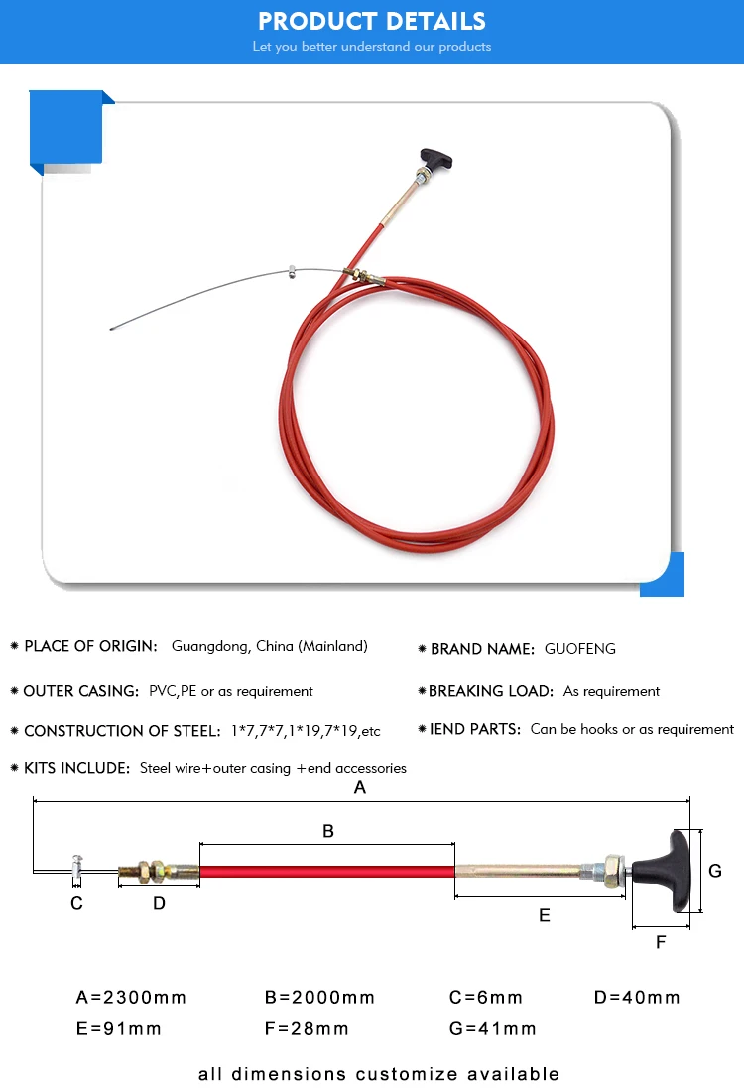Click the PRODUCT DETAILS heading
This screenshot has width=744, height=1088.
(x=372, y=21)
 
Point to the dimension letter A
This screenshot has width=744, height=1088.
(x=360, y=788)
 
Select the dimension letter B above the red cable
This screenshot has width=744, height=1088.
(x=328, y=831)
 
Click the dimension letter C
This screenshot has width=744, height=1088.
(x=76, y=903)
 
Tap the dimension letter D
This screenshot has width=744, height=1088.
(x=159, y=903)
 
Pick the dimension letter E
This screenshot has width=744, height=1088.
(x=544, y=915)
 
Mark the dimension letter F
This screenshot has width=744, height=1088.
(x=661, y=942)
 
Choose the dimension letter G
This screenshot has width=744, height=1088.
(x=715, y=871)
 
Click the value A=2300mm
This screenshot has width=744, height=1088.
(x=131, y=997)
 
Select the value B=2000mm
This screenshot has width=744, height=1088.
(x=319, y=997)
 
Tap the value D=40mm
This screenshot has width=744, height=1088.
(x=637, y=997)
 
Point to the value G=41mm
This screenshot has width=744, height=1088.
(x=492, y=1028)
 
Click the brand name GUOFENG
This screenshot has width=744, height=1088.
(x=579, y=649)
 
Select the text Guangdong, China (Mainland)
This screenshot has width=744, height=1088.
(x=269, y=646)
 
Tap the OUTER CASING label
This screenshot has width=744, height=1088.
(x=80, y=691)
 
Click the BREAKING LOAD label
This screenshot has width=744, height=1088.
(x=490, y=691)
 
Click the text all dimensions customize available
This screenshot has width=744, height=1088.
(x=378, y=1073)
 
